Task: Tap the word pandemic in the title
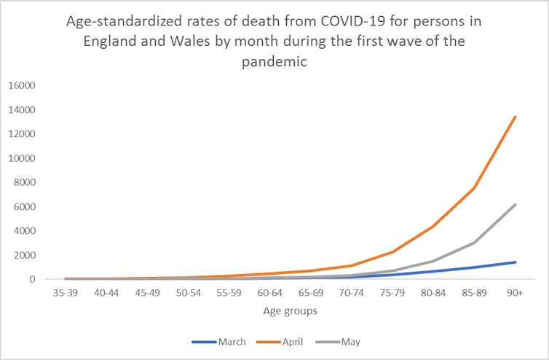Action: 274,62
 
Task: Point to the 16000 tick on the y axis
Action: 21,85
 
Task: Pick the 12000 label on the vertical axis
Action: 21,134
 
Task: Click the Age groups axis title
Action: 291,310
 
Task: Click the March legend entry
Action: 224,341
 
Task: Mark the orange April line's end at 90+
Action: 516,117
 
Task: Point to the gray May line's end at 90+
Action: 516,205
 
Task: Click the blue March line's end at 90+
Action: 516,262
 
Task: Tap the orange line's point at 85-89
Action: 475,188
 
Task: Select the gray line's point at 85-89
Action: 475,243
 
